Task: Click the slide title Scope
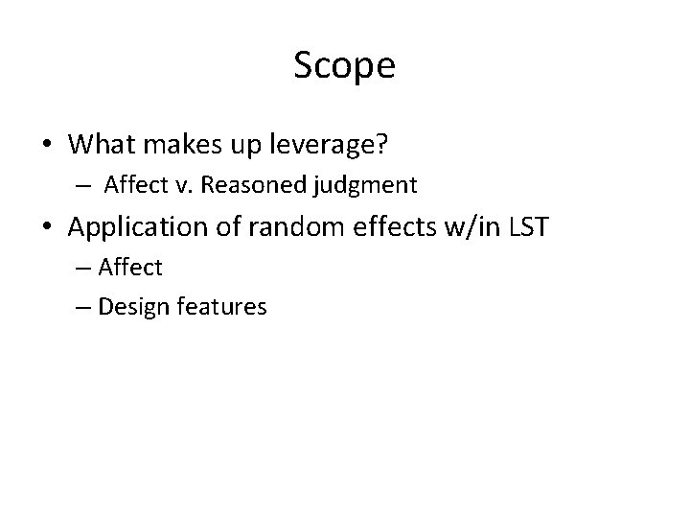pyautogui.click(x=344, y=66)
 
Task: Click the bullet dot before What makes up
pyautogui.click(x=47, y=144)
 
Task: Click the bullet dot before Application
pyautogui.click(x=47, y=228)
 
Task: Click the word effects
pyautogui.click(x=373, y=228)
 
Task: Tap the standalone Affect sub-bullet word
pyautogui.click(x=130, y=268)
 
